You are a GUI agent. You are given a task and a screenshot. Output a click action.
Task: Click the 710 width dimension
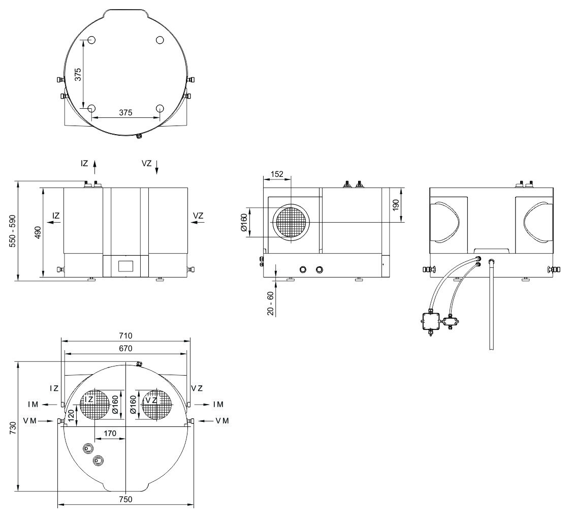(125, 335)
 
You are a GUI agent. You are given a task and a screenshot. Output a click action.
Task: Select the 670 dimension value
(125, 349)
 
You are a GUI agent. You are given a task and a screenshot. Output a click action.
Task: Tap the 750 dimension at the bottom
(125, 499)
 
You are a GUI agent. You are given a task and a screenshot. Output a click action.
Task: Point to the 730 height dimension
(14, 427)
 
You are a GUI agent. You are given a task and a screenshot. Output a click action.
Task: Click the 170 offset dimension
(110, 433)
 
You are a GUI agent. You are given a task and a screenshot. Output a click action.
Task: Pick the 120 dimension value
(71, 418)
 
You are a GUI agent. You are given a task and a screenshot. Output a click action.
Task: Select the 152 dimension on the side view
(277, 174)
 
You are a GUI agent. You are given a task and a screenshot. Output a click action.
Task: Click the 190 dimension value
(396, 205)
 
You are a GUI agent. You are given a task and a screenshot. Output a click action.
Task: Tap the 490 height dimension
(38, 233)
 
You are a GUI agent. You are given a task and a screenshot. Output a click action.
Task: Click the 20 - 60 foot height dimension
(270, 304)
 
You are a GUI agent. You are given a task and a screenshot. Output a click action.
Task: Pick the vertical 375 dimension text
(78, 74)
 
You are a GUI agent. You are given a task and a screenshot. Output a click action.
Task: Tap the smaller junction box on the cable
(450, 321)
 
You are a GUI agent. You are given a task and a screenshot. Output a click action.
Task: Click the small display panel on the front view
(125, 266)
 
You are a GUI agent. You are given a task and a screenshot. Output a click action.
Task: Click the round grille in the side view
(291, 223)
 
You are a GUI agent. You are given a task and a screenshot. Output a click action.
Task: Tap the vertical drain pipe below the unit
(491, 305)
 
